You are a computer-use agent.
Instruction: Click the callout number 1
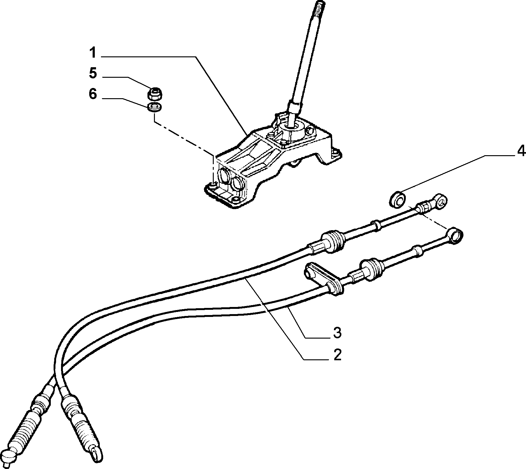93,53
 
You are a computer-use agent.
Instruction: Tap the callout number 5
93,73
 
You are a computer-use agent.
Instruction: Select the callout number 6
93,94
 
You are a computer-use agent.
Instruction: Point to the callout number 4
521,151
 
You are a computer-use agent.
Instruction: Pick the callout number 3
337,332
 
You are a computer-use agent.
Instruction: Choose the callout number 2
337,355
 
